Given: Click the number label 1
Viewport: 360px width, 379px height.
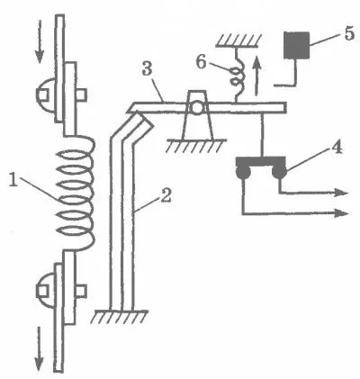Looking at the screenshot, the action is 14,181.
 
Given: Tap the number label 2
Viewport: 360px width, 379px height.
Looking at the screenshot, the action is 165,195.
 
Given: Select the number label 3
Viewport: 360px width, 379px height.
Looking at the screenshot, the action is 148,70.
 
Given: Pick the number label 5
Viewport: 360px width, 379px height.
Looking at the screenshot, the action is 350,33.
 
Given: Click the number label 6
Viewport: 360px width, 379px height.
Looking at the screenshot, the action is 202,62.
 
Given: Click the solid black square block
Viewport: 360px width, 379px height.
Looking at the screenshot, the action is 297,45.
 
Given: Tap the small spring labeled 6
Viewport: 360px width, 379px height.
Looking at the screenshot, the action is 238,75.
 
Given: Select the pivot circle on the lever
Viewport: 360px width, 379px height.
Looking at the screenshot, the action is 197,108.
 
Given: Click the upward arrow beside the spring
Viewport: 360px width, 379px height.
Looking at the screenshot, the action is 256,77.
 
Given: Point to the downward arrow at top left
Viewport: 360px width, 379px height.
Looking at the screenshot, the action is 40,43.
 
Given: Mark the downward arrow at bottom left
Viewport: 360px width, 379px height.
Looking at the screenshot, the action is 39,348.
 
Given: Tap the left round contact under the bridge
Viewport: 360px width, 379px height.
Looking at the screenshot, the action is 243,173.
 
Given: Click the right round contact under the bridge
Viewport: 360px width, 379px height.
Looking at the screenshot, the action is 279,173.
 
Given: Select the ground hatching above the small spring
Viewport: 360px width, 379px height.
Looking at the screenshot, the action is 238,41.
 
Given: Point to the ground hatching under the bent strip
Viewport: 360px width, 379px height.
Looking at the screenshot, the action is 121,316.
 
